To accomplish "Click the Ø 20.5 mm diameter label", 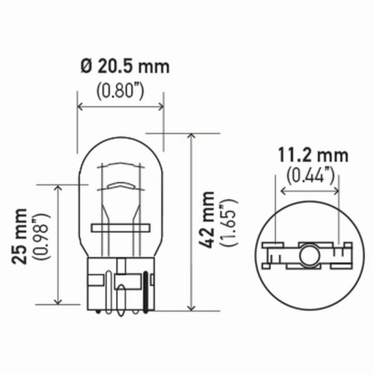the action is pyautogui.click(x=125, y=66).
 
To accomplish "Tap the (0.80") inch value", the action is pyautogui.click(x=120, y=92).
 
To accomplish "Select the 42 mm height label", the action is pyautogui.click(x=206, y=219).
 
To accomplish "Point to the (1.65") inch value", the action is pyautogui.click(x=229, y=223).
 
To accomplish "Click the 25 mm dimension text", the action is pyautogui.click(x=19, y=236).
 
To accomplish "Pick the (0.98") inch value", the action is pyautogui.click(x=42, y=236).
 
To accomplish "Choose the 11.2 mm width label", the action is pyautogui.click(x=313, y=155).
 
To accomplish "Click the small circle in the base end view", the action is pyautogui.click(x=310, y=256).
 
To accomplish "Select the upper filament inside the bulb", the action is pyautogui.click(x=120, y=165).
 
